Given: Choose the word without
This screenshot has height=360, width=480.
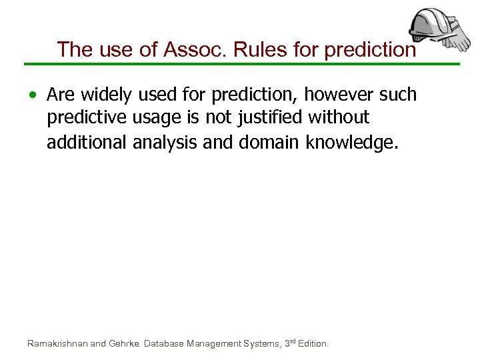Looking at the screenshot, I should [x=341, y=118].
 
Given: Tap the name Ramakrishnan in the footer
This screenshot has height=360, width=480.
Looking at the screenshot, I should [x=57, y=344].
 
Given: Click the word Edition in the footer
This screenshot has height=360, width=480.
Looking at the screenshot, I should [x=313, y=344].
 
